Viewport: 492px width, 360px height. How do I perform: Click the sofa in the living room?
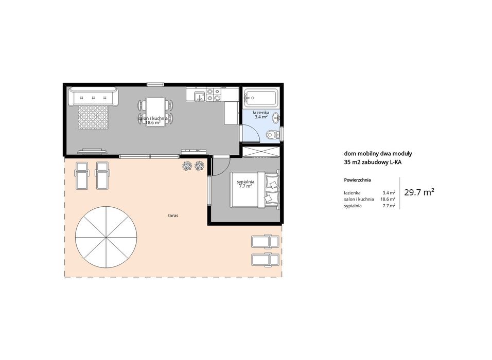pos(93,97)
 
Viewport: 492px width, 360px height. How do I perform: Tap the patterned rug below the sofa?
pos(93,117)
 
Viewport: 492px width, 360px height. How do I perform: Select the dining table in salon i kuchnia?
pos(155,111)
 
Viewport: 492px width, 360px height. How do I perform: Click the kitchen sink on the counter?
pos(199,95)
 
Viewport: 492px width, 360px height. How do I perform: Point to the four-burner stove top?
pos(214,95)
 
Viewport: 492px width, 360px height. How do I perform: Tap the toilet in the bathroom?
pos(272,135)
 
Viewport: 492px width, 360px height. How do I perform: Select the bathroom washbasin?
pos(276,118)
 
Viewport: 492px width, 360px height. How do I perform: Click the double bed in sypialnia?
pos(254,189)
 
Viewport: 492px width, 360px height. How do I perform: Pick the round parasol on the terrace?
pos(106,237)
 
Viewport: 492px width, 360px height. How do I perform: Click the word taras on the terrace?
pos(173,216)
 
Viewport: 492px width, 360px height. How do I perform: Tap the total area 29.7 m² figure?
pos(419,192)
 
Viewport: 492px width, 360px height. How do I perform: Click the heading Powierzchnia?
pos(357,180)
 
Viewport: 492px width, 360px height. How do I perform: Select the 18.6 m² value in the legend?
pos(388,199)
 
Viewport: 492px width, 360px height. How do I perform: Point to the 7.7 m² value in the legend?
pos(389,206)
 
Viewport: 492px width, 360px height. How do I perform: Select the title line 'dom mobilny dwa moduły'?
pos(378,154)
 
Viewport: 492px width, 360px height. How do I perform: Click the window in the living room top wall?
pos(155,84)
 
